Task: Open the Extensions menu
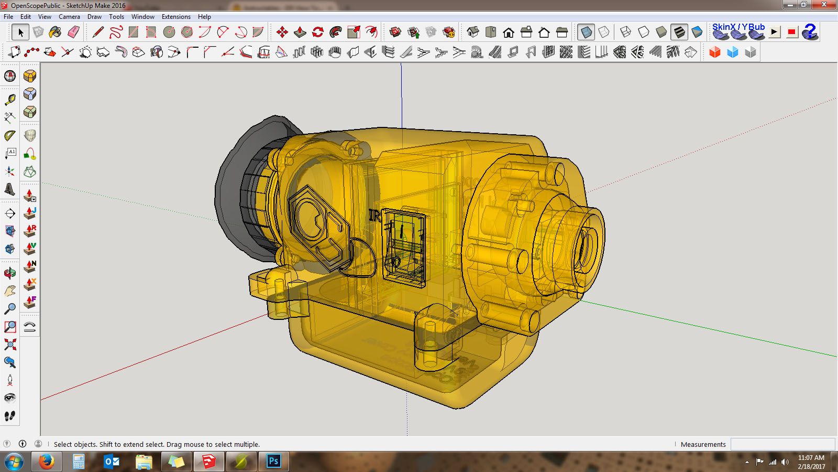tap(176, 17)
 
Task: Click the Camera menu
tap(69, 17)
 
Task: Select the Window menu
tap(142, 17)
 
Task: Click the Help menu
tap(204, 17)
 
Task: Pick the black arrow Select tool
tap(20, 33)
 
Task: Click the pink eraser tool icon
tap(73, 33)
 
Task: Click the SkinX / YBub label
tap(738, 27)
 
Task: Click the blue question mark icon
tap(810, 32)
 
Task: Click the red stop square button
tap(791, 33)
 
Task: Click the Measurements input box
tap(782, 444)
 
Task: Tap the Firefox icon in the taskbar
tap(46, 462)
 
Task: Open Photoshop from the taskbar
tap(273, 462)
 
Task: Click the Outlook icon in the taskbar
tap(112, 462)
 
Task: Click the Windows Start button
tap(14, 462)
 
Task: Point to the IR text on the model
tap(374, 216)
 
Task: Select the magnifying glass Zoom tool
tap(10, 308)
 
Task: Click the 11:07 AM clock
tap(811, 458)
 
